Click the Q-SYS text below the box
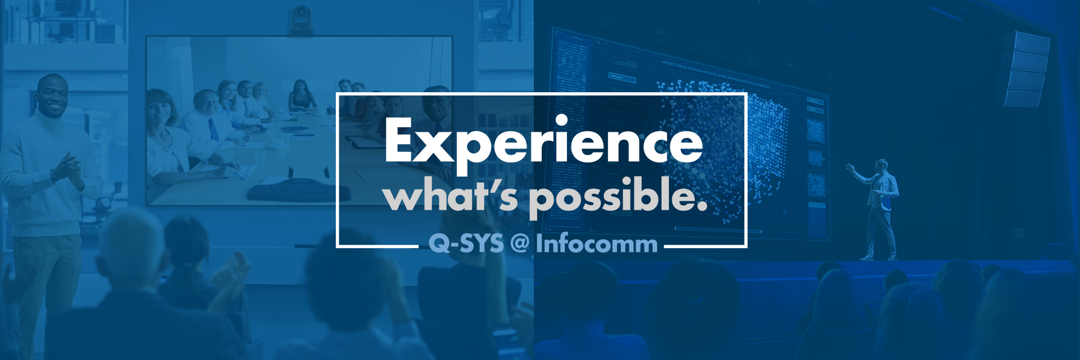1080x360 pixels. click(x=466, y=244)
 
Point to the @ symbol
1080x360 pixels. click(x=520, y=244)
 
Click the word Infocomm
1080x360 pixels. click(x=596, y=244)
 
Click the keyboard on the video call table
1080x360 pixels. click(x=292, y=191)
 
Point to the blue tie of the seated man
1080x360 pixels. click(x=213, y=129)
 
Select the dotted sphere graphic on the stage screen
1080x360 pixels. click(x=726, y=141)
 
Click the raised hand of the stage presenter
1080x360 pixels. click(x=850, y=167)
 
